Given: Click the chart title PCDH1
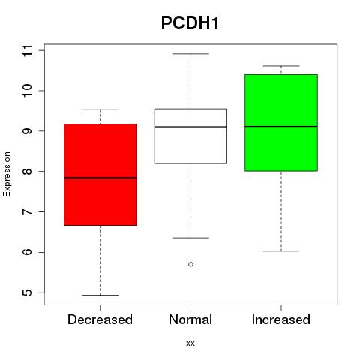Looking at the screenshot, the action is tap(190, 23).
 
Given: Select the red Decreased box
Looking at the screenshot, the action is tap(100, 175).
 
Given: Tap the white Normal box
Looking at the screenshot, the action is tap(190, 136).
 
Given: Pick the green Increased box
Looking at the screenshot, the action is tap(281, 123).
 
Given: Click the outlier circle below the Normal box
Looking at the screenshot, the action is tap(190, 264).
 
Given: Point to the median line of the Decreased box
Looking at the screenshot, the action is tap(100, 178).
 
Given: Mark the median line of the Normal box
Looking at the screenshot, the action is tap(190, 127).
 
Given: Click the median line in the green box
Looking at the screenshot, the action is tap(281, 127).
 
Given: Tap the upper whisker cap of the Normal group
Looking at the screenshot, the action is tap(190, 54).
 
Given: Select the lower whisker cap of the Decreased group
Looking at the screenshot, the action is tap(100, 295).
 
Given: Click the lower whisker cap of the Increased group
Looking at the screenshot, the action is tap(281, 250).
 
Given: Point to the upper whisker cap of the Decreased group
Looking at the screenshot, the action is tap(100, 109).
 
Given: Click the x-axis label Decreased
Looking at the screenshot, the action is tap(100, 319).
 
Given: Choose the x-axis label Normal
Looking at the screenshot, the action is tap(190, 319).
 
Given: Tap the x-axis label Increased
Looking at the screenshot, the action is tap(281, 319).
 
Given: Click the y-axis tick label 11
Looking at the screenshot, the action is tap(28, 51).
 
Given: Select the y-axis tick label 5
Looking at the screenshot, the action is tap(28, 292).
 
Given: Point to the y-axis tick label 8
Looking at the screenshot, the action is tap(28, 172).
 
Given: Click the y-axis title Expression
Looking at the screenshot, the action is tap(7, 174).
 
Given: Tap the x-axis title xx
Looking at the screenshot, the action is tap(190, 343).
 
